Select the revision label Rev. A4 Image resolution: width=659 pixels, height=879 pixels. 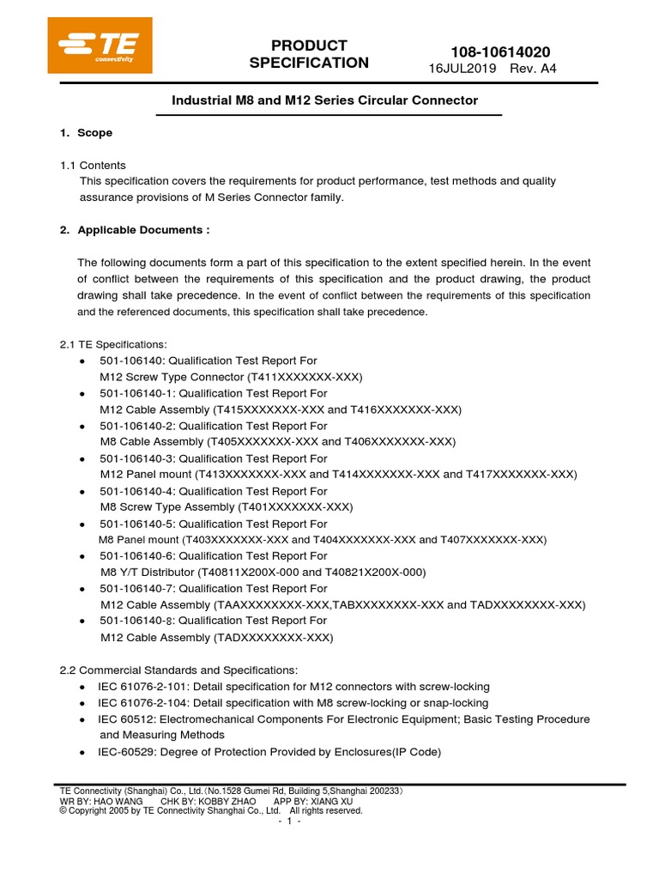[x=534, y=70]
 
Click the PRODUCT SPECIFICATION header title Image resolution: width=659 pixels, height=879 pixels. [x=309, y=54]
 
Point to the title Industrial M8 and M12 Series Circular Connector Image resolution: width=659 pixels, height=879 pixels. [x=325, y=100]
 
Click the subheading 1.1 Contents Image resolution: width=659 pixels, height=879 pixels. [x=93, y=165]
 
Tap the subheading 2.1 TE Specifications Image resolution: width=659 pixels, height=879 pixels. [x=107, y=344]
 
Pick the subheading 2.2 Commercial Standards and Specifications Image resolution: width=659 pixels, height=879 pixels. [x=178, y=670]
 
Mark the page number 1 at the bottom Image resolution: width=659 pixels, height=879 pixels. [x=289, y=821]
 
